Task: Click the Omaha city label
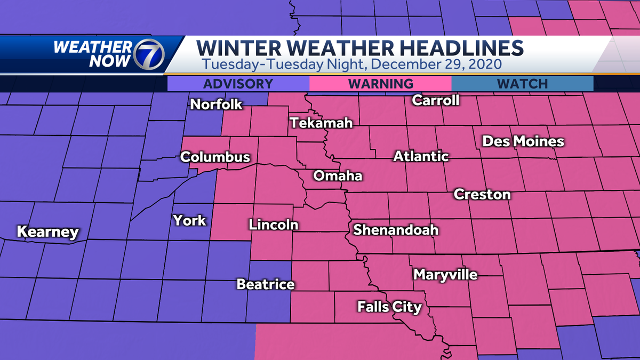click(x=338, y=176)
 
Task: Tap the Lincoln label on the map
click(x=273, y=225)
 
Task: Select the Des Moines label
click(x=523, y=141)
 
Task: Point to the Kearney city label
click(x=47, y=233)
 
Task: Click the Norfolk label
click(x=217, y=105)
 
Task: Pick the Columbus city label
click(x=215, y=157)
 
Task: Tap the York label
click(x=189, y=220)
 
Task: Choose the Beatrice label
click(x=265, y=284)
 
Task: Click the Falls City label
click(x=389, y=307)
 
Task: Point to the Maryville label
click(x=445, y=275)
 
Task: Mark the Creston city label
click(x=482, y=195)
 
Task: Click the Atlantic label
click(x=421, y=157)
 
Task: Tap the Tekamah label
click(x=322, y=123)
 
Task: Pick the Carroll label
click(x=436, y=100)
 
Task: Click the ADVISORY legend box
click(x=238, y=84)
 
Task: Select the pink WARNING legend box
click(x=380, y=84)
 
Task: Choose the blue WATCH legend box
click(x=522, y=84)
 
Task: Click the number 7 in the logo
click(x=150, y=53)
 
